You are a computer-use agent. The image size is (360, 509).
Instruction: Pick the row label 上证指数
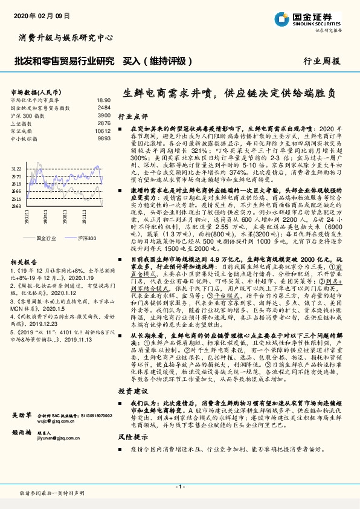[23, 123]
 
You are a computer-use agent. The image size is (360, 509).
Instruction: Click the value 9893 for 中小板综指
[104, 138]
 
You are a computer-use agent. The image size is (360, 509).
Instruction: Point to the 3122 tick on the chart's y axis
[16, 169]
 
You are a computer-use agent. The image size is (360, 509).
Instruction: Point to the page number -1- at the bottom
[179, 486]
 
